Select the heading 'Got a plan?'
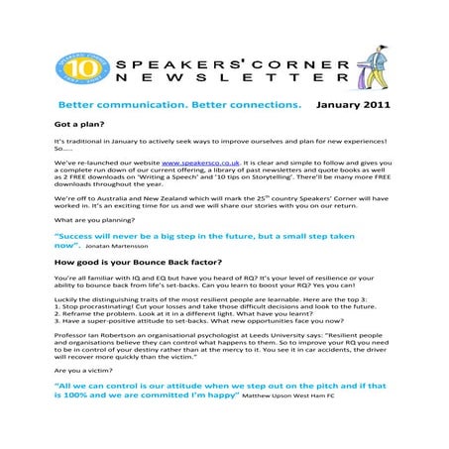81,126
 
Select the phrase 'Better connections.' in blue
246,104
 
